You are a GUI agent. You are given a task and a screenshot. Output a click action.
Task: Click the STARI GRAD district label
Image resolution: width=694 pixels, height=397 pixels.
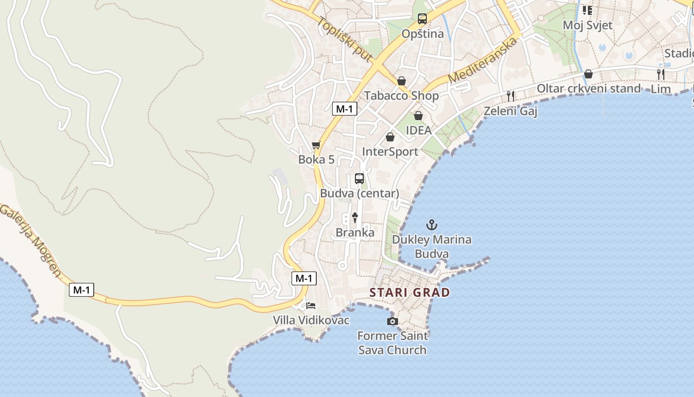(409, 292)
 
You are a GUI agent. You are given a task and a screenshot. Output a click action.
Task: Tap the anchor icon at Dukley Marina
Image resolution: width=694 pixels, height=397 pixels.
(432, 225)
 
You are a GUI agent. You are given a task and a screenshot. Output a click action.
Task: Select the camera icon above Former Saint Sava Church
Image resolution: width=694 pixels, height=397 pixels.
(392, 322)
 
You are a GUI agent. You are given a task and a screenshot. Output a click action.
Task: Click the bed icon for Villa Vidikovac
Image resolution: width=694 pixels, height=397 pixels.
(311, 305)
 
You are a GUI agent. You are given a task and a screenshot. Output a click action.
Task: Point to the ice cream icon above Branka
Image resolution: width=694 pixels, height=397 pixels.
(355, 217)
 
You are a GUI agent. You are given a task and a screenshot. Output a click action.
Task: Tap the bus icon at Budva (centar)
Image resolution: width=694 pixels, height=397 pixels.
(359, 179)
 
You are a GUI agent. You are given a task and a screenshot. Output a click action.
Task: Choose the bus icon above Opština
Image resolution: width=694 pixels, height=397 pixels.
(422, 19)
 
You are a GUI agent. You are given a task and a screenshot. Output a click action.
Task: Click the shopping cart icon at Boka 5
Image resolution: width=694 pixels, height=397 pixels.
(316, 145)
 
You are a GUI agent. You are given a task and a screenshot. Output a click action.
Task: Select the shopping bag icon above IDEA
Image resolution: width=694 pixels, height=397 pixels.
(418, 116)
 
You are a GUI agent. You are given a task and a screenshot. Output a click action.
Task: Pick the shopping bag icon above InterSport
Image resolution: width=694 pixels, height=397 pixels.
(390, 137)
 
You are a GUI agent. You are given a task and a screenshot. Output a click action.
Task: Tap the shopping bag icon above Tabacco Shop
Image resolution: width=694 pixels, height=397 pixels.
(402, 81)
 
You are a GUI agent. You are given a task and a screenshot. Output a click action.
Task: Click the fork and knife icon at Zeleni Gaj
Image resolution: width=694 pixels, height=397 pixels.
(511, 96)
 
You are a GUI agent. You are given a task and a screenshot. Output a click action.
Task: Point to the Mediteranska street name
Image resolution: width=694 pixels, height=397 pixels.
(482, 61)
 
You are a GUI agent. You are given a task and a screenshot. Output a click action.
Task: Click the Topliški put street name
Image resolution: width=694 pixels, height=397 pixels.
(345, 40)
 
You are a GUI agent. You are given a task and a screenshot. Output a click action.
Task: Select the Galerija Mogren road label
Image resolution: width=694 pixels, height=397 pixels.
(31, 240)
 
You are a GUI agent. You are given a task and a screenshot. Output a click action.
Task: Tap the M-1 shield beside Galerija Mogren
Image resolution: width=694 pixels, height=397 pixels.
(81, 290)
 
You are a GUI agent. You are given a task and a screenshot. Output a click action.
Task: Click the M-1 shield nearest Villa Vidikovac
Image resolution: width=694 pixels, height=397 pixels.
(303, 278)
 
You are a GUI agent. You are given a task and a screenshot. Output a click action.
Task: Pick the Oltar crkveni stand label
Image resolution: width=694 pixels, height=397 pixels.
(589, 88)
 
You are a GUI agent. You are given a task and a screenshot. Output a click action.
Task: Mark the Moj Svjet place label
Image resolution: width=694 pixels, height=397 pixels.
(587, 25)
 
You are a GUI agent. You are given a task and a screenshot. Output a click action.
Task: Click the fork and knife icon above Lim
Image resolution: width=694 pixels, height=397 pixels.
(660, 74)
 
